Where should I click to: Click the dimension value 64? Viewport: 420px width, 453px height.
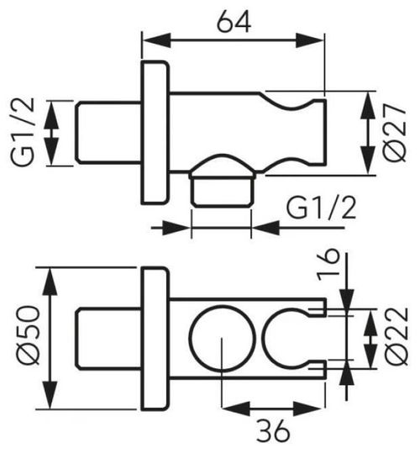(234, 23)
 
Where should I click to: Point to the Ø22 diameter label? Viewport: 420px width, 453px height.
(397, 336)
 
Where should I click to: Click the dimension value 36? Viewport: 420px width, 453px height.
(273, 430)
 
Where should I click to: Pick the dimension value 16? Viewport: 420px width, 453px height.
(328, 265)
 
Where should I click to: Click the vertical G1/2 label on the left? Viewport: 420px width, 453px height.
(23, 133)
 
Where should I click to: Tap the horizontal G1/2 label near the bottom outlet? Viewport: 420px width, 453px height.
(321, 208)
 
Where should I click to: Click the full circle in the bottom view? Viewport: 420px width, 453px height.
(223, 306)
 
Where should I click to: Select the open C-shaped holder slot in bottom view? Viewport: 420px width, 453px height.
(263, 338)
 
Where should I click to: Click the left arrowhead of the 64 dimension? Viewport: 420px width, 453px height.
(156, 40)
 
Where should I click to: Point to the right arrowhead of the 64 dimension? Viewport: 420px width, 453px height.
(310, 40)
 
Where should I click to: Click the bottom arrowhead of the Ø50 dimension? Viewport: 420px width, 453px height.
(50, 395)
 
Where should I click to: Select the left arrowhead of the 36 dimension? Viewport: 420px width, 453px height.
(235, 408)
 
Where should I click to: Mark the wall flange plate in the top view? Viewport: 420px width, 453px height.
(155, 133)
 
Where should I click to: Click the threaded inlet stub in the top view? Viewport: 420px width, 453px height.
(108, 133)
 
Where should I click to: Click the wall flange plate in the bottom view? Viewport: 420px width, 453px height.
(155, 339)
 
